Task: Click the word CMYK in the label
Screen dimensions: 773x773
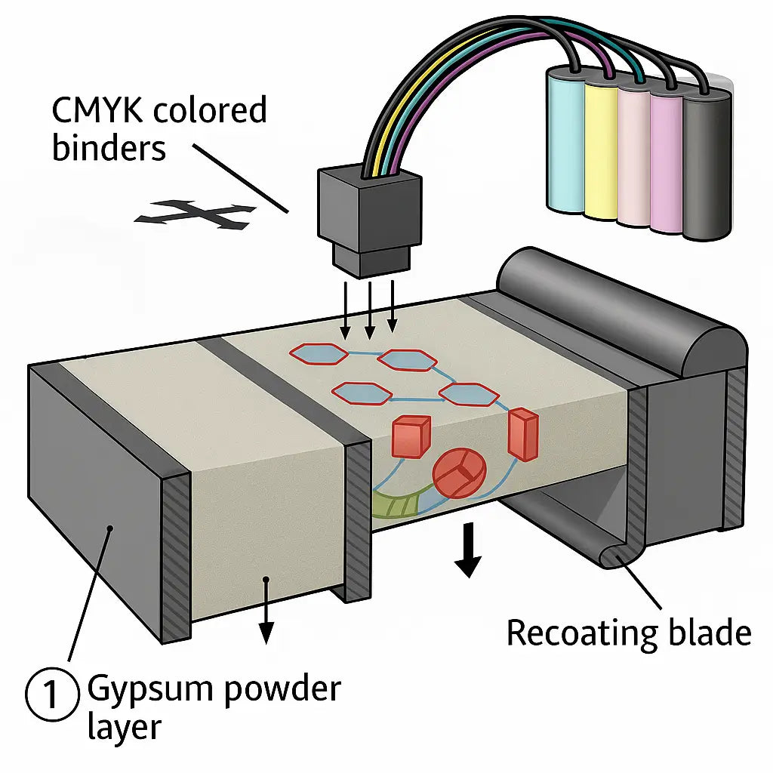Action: (98, 111)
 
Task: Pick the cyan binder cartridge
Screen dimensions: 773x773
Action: (565, 140)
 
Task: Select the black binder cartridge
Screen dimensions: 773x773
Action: (707, 163)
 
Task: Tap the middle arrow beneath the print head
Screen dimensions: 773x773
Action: (369, 310)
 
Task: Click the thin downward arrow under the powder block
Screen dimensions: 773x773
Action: (266, 619)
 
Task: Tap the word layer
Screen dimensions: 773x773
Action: (125, 726)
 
